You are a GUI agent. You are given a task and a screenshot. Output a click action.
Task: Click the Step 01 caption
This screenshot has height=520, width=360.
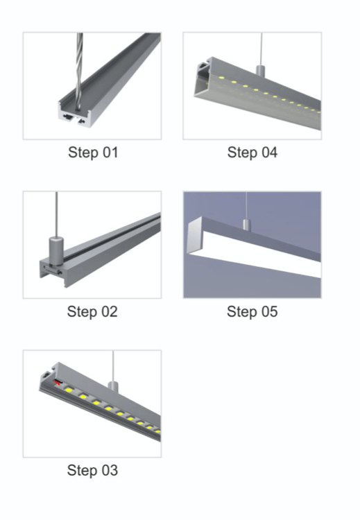click(93, 153)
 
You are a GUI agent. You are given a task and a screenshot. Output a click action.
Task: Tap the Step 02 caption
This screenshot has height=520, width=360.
click(92, 312)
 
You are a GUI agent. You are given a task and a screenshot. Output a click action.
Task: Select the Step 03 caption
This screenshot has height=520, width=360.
click(92, 470)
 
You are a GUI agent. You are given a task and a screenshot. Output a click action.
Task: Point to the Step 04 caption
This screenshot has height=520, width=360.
click(252, 153)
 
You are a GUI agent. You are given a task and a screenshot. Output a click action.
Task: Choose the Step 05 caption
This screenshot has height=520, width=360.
click(252, 312)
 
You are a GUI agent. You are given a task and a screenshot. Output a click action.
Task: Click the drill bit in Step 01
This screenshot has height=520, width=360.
click(79, 71)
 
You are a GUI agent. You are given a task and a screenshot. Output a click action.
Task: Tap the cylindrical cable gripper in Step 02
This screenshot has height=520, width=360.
click(56, 250)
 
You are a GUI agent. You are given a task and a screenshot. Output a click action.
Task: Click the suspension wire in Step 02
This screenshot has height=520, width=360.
click(56, 214)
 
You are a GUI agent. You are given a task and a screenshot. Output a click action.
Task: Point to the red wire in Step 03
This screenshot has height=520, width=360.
click(58, 383)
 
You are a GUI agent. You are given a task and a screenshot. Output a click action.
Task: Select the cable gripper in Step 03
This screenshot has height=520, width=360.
click(113, 386)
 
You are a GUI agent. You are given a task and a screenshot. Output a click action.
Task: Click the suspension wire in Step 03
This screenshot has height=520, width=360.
click(113, 366)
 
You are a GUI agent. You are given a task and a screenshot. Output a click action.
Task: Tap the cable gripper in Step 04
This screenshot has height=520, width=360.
click(261, 70)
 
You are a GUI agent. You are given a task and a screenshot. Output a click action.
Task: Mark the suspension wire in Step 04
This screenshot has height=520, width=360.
click(262, 49)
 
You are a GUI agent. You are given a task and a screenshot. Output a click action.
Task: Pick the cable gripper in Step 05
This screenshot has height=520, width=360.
click(246, 224)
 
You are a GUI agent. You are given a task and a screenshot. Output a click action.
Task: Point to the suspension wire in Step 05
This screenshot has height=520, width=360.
click(246, 206)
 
